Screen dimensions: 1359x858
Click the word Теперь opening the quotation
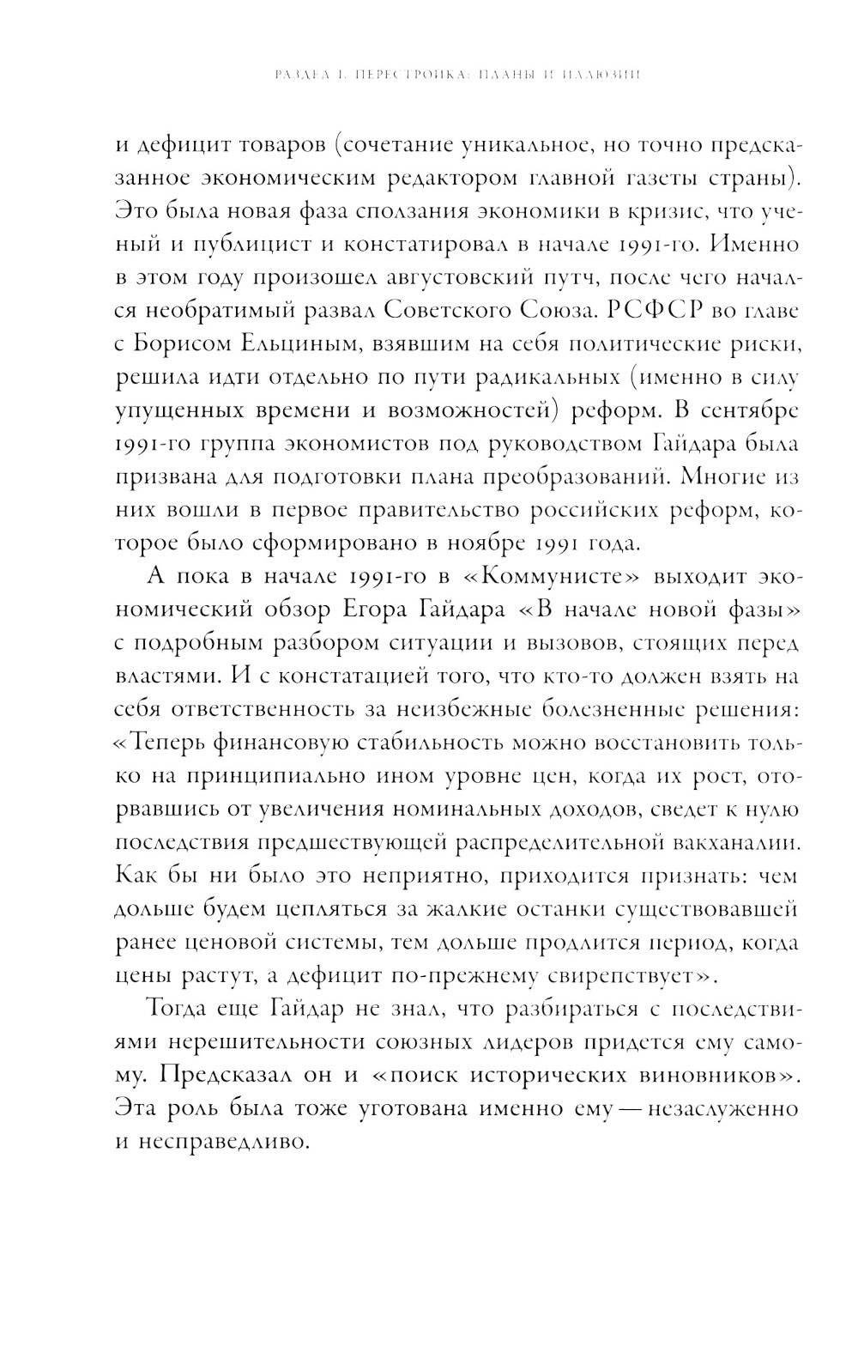(x=184, y=741)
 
